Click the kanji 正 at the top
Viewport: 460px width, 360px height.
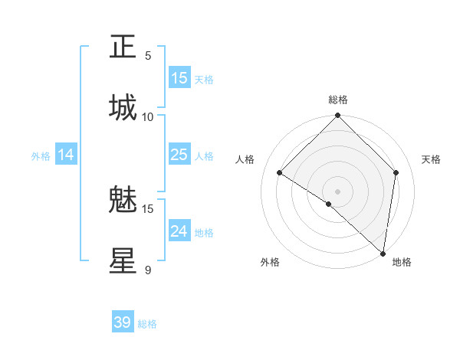coord(123,47)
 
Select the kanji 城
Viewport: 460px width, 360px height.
coord(123,107)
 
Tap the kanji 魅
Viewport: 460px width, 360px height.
coord(123,201)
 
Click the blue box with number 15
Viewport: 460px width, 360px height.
coord(179,78)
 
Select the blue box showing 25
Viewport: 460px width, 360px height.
coord(179,155)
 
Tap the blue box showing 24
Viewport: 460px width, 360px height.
coord(179,231)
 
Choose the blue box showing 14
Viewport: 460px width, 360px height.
coord(66,155)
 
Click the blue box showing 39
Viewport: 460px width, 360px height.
coord(123,322)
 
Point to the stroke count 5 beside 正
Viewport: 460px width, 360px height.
coord(148,55)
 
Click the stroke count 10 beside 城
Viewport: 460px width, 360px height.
coord(148,116)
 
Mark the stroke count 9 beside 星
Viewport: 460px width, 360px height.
coord(148,270)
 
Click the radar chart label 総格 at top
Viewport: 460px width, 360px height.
coord(338,100)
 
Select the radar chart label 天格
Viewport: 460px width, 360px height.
coord(432,159)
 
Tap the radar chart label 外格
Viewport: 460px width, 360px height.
coord(270,263)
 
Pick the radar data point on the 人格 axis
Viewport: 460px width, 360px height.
coord(280,172)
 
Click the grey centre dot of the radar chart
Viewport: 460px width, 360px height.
coord(338,191)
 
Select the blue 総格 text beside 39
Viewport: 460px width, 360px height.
coord(147,324)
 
